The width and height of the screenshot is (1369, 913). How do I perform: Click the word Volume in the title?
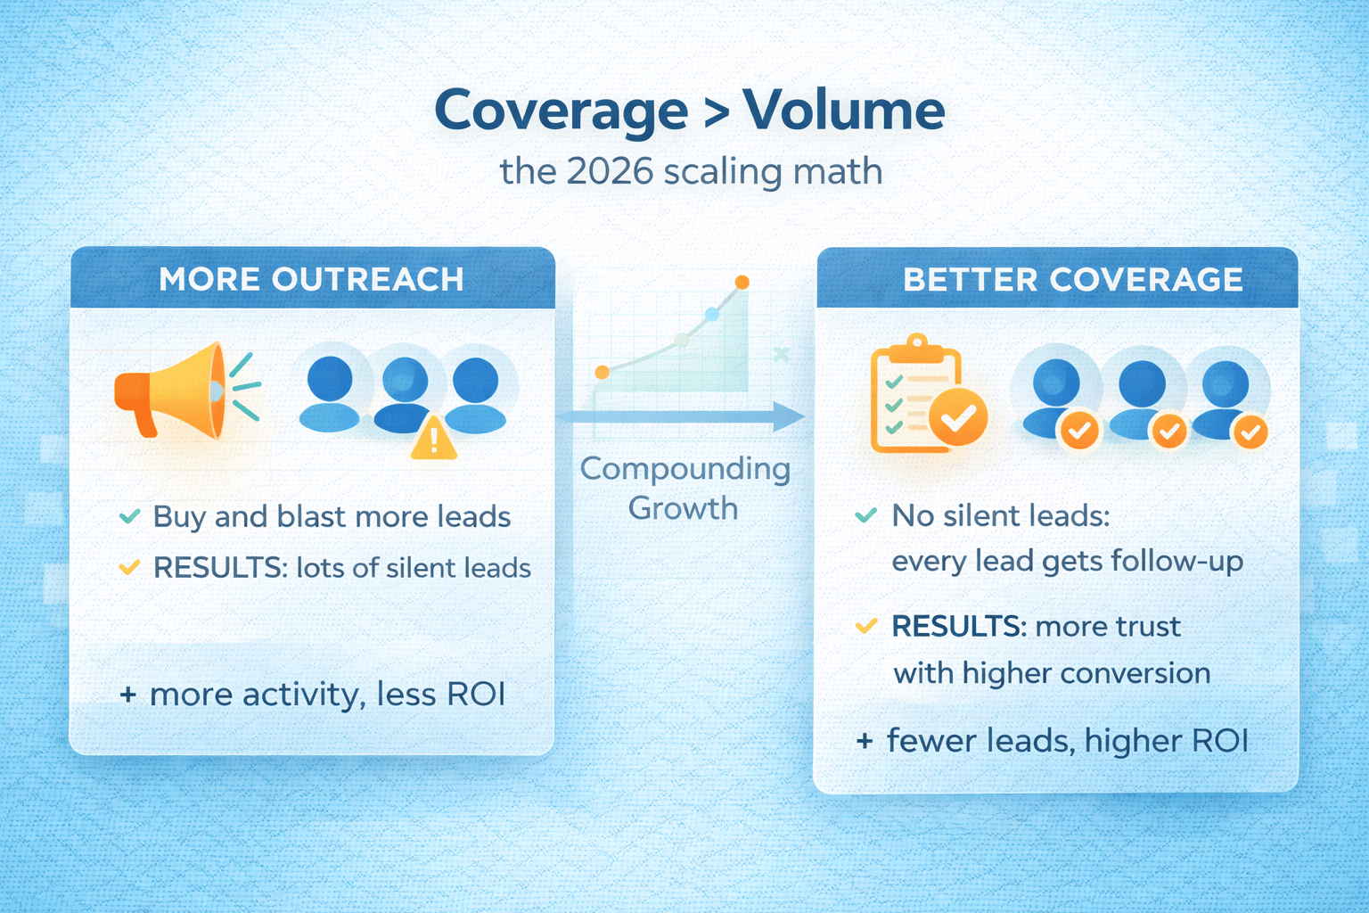pyautogui.click(x=844, y=110)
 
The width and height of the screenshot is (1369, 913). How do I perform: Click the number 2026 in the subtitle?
pyautogui.click(x=610, y=171)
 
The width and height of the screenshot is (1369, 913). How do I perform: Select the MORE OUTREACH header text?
pyautogui.click(x=311, y=279)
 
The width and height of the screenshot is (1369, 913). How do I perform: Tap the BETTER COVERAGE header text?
pyautogui.click(x=1072, y=279)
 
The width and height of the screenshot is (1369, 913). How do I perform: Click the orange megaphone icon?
pyautogui.click(x=184, y=391)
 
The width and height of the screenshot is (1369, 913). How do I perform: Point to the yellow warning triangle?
pyautogui.click(x=433, y=438)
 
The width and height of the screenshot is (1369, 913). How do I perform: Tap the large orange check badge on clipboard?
pyautogui.click(x=958, y=416)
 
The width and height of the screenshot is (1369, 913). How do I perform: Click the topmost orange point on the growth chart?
pyautogui.click(x=742, y=282)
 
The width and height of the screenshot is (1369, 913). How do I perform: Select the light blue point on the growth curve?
pyautogui.click(x=712, y=315)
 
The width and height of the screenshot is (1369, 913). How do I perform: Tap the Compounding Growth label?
pyautogui.click(x=685, y=488)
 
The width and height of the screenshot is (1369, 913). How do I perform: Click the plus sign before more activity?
pyautogui.click(x=127, y=695)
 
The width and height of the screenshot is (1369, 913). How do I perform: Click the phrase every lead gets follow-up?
pyautogui.click(x=1067, y=562)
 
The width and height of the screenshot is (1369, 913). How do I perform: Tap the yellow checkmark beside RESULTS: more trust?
pyautogui.click(x=866, y=626)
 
